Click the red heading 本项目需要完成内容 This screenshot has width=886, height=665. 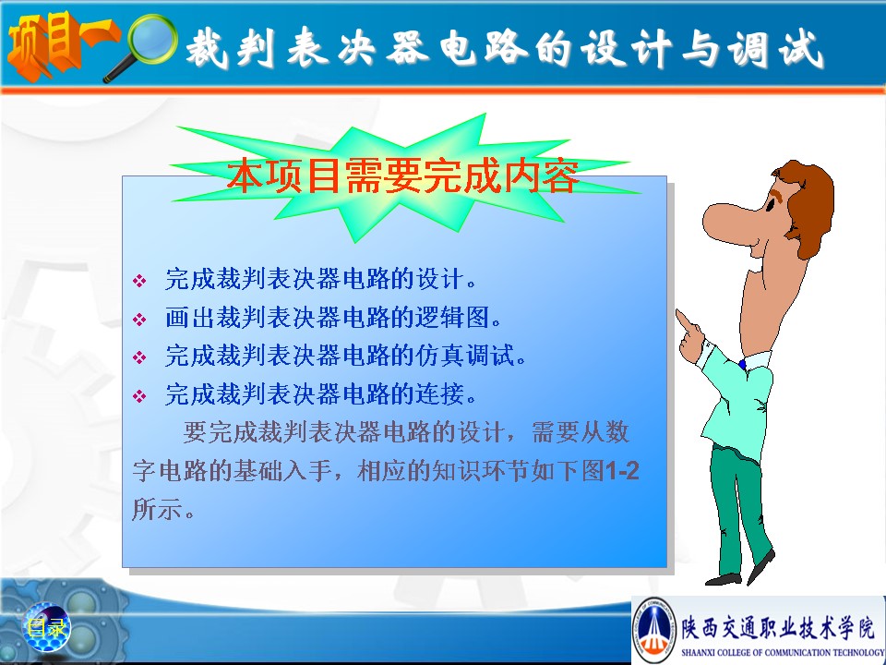(403, 175)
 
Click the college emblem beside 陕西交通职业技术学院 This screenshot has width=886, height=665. (654, 628)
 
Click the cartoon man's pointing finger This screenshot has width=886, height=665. (685, 320)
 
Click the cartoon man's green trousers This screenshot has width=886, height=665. (738, 509)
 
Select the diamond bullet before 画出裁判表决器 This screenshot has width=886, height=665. (139, 319)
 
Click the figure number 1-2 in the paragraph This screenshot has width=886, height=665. (621, 470)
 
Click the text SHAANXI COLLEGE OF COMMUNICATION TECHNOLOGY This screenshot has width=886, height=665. (782, 652)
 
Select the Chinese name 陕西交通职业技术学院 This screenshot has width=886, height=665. (777, 628)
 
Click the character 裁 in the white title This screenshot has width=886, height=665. (207, 49)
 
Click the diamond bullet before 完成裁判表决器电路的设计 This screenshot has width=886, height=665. (139, 281)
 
